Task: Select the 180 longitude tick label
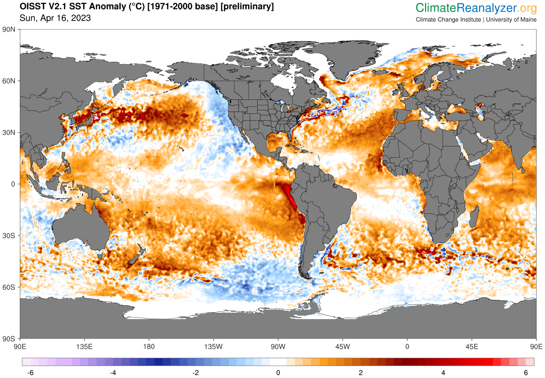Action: (x=149, y=346)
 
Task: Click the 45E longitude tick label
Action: (x=472, y=346)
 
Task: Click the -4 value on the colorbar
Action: (x=112, y=372)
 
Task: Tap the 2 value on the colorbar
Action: (x=361, y=372)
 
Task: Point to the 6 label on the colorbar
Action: (x=526, y=372)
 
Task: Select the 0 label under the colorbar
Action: (x=278, y=372)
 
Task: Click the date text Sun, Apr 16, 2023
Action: (x=55, y=18)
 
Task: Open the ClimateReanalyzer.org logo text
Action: (x=476, y=8)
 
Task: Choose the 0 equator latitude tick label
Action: (x=15, y=184)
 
